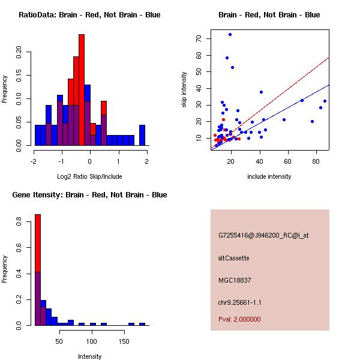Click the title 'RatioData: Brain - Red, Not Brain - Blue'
[x=89, y=15]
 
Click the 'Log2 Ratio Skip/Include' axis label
[x=89, y=176]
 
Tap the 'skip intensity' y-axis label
[x=184, y=90]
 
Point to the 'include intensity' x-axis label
[x=269, y=176]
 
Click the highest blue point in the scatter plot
[x=230, y=35]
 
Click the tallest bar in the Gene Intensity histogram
[x=37, y=270]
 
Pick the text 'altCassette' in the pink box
[x=233, y=258]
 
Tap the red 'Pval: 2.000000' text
[x=239, y=319]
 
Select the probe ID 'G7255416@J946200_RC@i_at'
[x=263, y=236]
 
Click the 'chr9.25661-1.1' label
[x=240, y=302]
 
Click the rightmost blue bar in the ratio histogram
[x=142, y=135]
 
